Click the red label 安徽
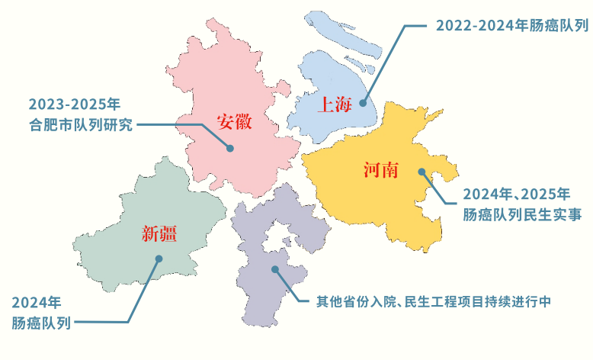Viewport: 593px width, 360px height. tap(233, 123)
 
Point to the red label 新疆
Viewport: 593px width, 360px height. tap(159, 234)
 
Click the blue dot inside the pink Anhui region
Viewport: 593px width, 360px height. tap(230, 149)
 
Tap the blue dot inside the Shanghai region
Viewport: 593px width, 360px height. tap(364, 102)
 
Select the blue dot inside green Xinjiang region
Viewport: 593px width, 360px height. tap(159, 259)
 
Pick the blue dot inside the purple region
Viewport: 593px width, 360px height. tap(274, 269)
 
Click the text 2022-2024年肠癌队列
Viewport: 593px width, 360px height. tap(511, 25)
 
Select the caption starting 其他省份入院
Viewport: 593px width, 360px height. tap(433, 301)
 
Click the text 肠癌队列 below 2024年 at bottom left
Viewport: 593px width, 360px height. tap(41, 323)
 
